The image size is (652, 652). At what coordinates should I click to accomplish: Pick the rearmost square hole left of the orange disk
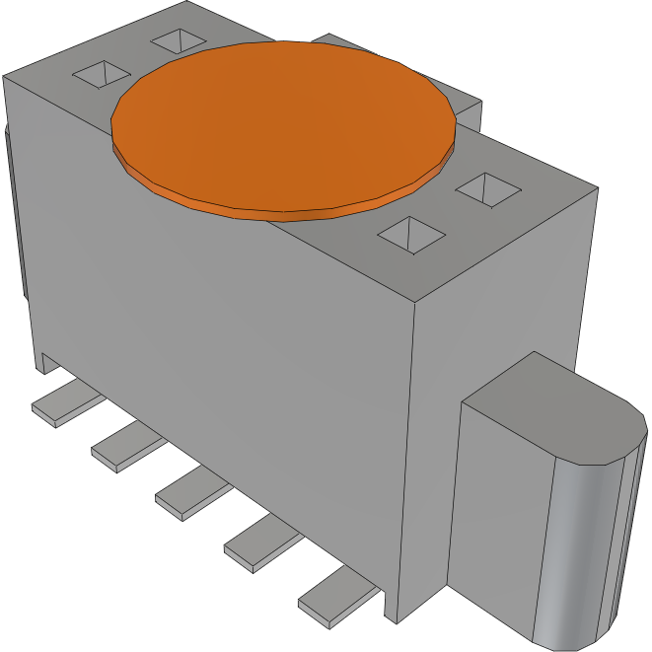[x=180, y=40]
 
